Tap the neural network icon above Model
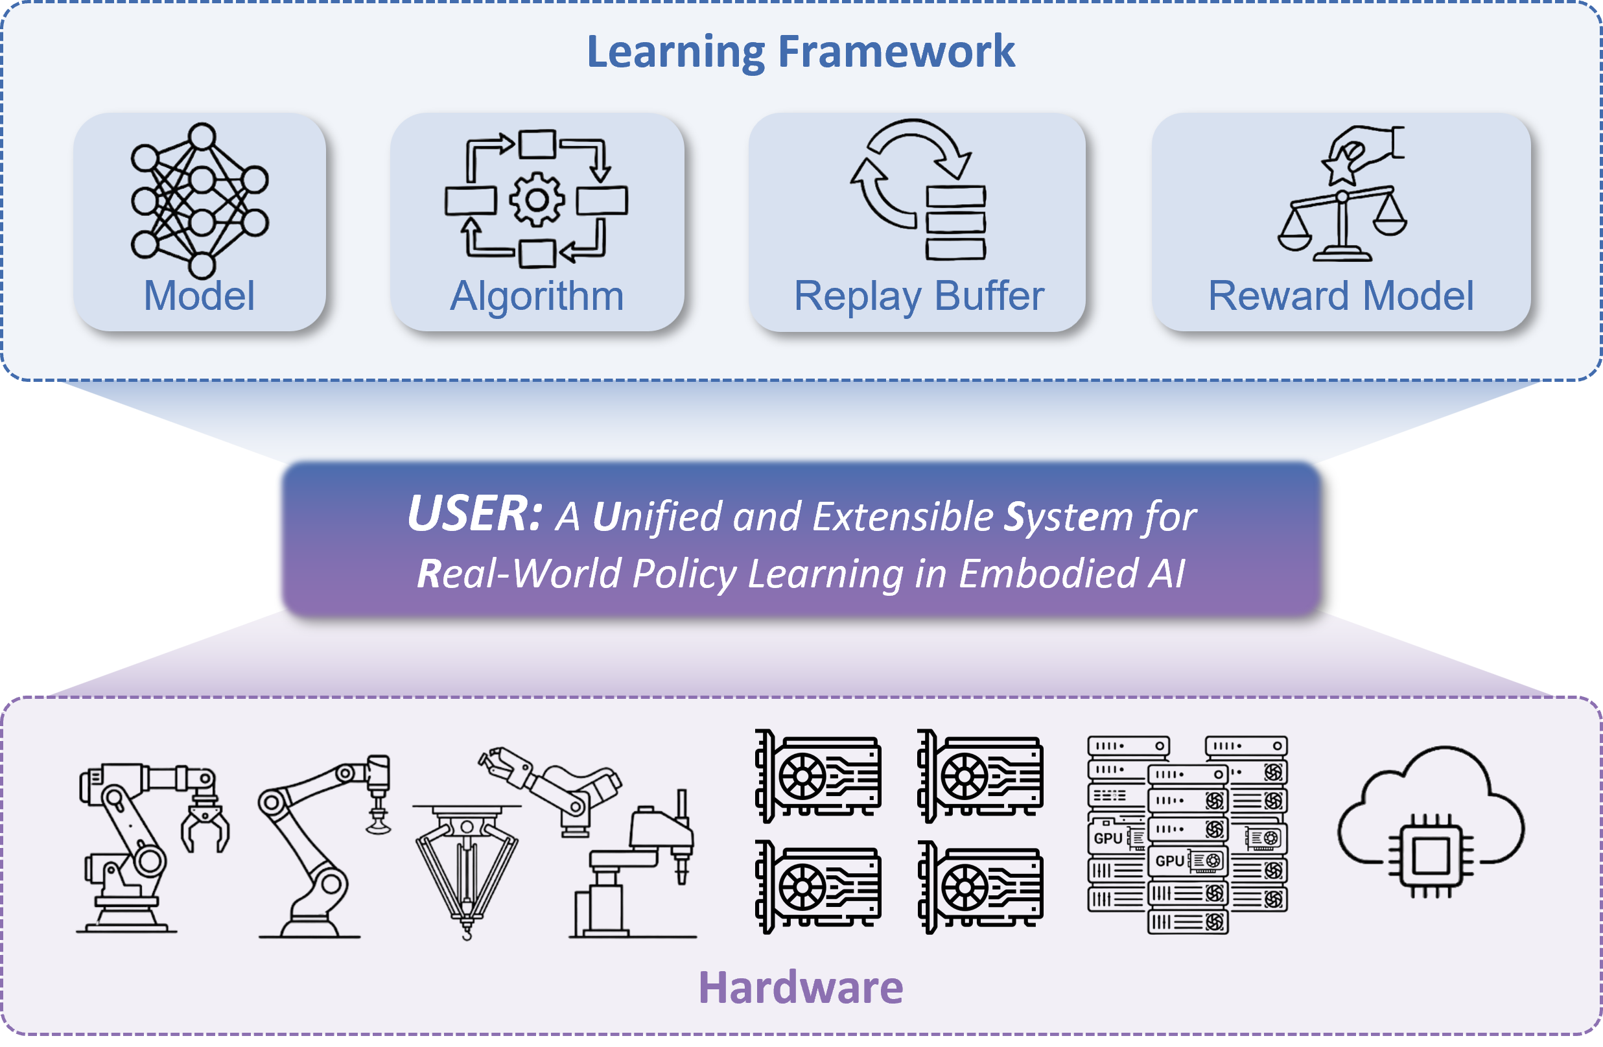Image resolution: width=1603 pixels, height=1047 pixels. click(200, 200)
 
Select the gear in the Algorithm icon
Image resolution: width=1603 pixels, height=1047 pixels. click(536, 200)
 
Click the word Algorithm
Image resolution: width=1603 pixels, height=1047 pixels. click(537, 296)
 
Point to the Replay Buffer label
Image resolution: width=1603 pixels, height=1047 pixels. click(919, 296)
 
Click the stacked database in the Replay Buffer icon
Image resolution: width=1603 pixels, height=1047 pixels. click(955, 223)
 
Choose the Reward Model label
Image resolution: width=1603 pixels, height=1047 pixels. click(1340, 296)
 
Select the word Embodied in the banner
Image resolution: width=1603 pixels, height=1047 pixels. click(1048, 573)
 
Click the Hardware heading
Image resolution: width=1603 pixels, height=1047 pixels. click(801, 987)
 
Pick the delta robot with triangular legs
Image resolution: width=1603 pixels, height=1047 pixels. click(467, 869)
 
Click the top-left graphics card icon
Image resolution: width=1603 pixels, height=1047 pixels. click(817, 775)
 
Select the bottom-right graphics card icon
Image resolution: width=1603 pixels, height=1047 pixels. click(980, 887)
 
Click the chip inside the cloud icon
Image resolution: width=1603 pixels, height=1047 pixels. click(1431, 856)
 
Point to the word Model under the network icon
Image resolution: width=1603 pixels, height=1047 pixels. click(200, 296)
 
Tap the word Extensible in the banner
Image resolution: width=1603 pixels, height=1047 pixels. click(902, 517)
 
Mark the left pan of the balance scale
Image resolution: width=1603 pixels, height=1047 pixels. click(1294, 236)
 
